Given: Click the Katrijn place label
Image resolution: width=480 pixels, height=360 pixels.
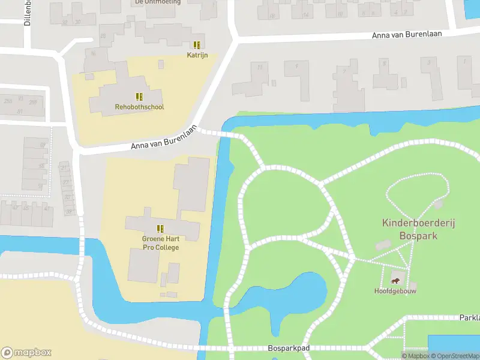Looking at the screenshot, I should (x=197, y=55).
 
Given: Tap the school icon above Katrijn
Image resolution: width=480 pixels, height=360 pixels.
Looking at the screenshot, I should (x=197, y=45).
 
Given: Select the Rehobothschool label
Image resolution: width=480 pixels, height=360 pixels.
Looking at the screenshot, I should (x=139, y=107).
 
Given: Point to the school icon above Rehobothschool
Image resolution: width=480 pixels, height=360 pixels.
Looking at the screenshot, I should (x=139, y=97).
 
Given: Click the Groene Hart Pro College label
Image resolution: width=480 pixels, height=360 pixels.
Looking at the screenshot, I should (x=160, y=243).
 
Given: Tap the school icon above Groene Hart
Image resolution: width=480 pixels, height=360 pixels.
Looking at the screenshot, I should (x=160, y=228).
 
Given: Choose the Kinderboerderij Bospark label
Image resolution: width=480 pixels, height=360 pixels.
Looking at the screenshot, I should (x=418, y=229).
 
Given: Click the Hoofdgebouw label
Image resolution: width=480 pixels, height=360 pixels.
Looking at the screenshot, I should (x=395, y=291).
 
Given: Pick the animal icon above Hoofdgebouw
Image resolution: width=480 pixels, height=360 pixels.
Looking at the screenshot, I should (x=395, y=280).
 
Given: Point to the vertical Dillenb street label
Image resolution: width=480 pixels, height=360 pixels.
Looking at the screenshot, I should (x=28, y=13).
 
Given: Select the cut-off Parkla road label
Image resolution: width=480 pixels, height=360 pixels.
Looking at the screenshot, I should (x=469, y=317).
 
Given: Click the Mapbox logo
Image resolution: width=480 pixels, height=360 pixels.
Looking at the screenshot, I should (x=26, y=353).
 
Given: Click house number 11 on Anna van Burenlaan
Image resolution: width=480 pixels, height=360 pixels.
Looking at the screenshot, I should (x=260, y=67).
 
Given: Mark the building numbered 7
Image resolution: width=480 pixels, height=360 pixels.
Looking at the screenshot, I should (x=344, y=71).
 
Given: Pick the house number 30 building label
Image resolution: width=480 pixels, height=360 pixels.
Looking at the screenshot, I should (x=79, y=22).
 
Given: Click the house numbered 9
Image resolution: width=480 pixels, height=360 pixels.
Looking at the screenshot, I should (x=296, y=65).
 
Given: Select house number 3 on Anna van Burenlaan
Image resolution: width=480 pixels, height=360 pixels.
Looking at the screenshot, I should (x=428, y=62).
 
